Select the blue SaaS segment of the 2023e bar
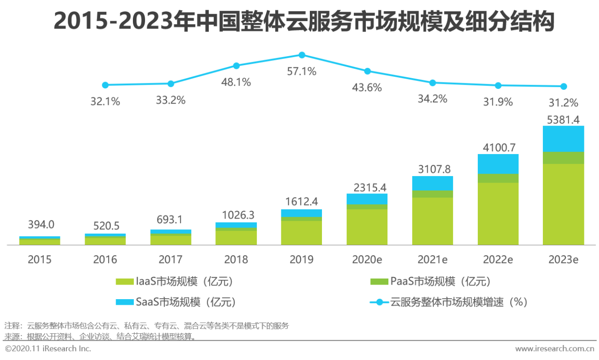563,139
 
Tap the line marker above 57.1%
302,55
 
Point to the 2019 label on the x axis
301,259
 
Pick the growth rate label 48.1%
236,82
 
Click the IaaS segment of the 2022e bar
498,213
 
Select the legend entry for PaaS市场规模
431,281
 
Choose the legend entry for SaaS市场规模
175,302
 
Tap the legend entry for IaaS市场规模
175,281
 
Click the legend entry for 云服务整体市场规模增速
449,302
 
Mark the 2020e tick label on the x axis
367,259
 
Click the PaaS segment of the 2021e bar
432,194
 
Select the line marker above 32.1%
105,85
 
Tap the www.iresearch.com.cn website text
555,349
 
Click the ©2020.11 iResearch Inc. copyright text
48,349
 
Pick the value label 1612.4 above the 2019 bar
301,202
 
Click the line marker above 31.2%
563,86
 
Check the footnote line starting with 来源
100,337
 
